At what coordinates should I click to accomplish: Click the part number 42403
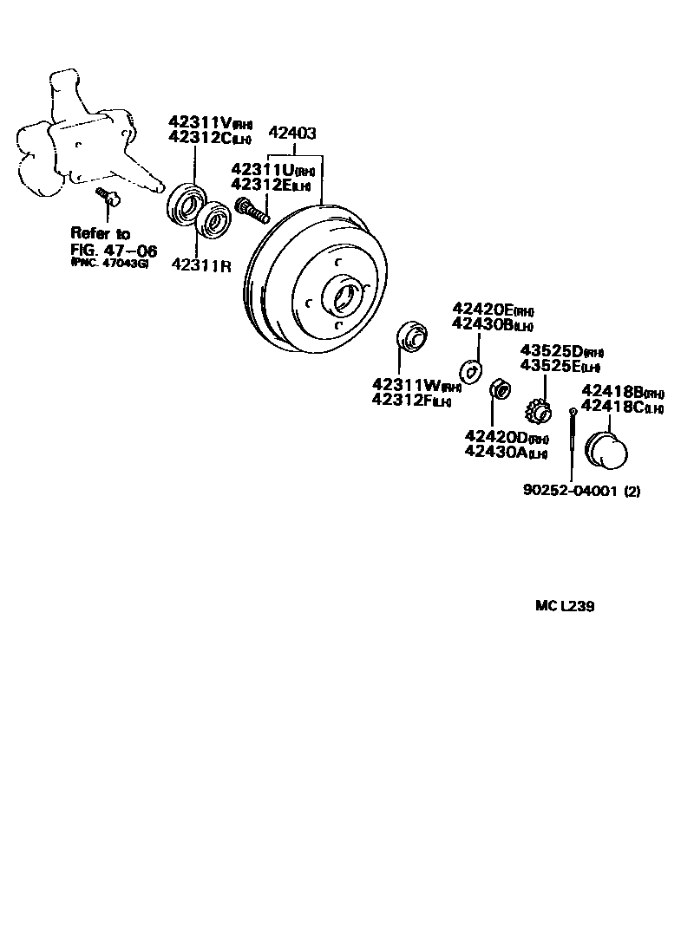click(x=292, y=134)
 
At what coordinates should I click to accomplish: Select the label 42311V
click(x=199, y=123)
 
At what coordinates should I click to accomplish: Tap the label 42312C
click(x=199, y=137)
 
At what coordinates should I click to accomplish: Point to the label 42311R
click(x=201, y=264)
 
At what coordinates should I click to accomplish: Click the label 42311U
click(x=264, y=169)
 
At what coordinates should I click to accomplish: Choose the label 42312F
click(x=405, y=399)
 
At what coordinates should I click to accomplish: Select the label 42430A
click(x=497, y=451)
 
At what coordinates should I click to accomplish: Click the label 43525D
click(x=552, y=350)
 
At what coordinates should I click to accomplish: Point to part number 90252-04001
click(x=571, y=491)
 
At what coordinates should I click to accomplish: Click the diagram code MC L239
click(x=564, y=607)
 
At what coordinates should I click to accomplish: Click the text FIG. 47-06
click(x=115, y=251)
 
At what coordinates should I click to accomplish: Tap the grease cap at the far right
click(x=607, y=450)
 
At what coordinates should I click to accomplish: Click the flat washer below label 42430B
click(x=470, y=370)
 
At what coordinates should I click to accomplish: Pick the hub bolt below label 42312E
click(x=252, y=209)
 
